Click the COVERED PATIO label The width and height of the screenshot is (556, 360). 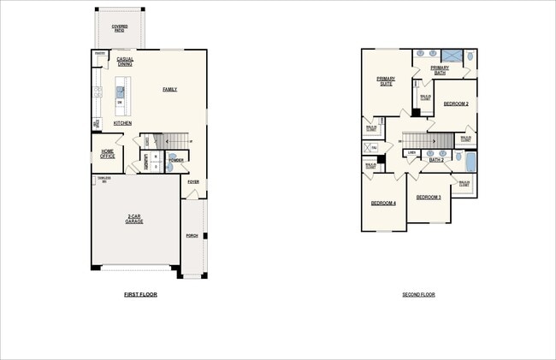119,27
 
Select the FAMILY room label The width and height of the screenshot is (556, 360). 169,89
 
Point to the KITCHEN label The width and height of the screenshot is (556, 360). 122,123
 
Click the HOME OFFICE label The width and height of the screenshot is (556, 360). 107,154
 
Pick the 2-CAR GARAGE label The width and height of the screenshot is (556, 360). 134,219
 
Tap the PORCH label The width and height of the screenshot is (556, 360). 192,235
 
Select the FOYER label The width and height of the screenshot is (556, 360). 193,181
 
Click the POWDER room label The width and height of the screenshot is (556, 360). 176,160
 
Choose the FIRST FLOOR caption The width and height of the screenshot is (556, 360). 140,294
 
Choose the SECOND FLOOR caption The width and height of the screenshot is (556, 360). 418,294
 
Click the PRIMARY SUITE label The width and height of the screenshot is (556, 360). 385,81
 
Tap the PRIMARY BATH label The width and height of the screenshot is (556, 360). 440,70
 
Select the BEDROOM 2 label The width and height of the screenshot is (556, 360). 455,103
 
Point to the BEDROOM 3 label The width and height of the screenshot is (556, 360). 428,198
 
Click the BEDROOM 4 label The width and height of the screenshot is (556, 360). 382,203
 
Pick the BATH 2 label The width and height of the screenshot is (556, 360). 435,160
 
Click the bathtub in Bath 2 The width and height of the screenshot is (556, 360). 468,160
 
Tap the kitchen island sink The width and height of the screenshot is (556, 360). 121,90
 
